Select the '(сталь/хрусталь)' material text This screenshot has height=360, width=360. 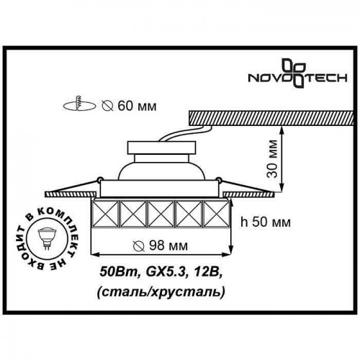point(161,292)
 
